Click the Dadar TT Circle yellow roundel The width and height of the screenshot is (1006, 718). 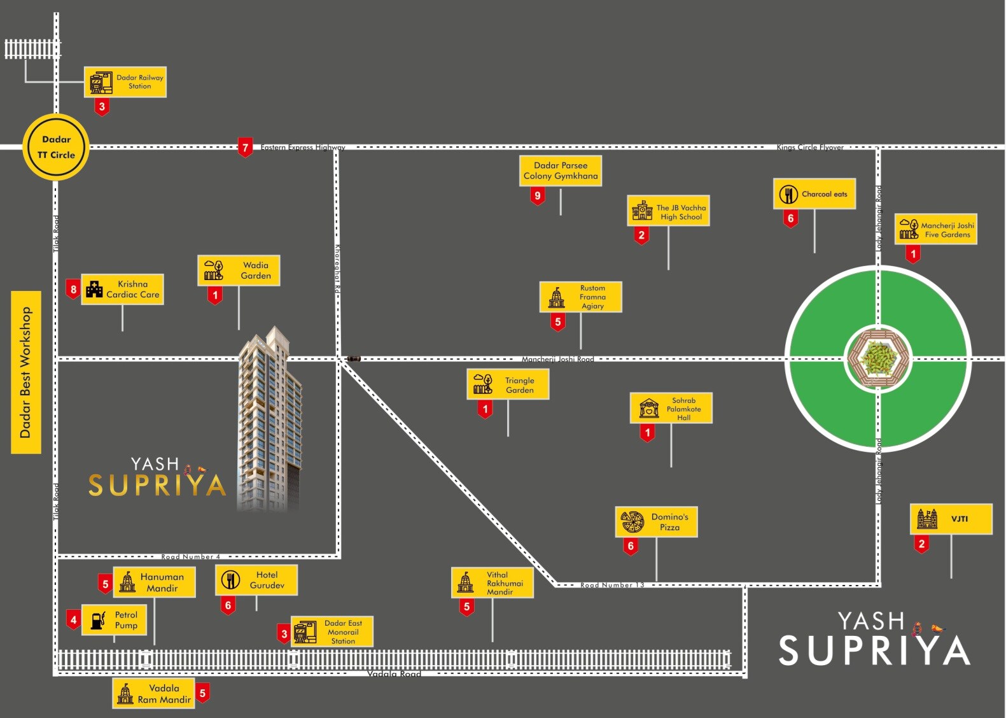(56, 147)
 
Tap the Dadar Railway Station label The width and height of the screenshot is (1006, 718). (125, 82)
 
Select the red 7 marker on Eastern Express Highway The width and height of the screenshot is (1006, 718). (245, 148)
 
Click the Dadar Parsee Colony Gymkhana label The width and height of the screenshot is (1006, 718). (561, 171)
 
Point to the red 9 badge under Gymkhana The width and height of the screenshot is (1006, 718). (538, 196)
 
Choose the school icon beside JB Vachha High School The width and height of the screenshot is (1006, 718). (642, 211)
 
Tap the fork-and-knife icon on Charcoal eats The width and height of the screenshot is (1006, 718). (788, 194)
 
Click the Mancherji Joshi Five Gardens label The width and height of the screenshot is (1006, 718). (936, 229)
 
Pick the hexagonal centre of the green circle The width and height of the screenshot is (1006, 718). (879, 358)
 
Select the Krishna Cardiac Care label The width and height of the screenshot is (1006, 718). (123, 290)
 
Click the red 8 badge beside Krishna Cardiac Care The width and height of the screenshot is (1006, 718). (73, 290)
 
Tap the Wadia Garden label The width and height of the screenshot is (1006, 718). (239, 271)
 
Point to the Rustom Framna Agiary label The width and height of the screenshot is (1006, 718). (581, 297)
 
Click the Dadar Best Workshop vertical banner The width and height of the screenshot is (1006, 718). (26, 372)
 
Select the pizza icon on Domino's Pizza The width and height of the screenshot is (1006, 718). (632, 522)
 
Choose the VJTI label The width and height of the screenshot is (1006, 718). (951, 519)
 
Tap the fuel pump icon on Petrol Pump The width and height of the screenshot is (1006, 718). (98, 621)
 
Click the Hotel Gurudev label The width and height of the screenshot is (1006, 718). (256, 580)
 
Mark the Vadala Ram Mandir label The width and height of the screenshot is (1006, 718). (153, 694)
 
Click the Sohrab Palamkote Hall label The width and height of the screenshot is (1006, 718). (671, 409)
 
